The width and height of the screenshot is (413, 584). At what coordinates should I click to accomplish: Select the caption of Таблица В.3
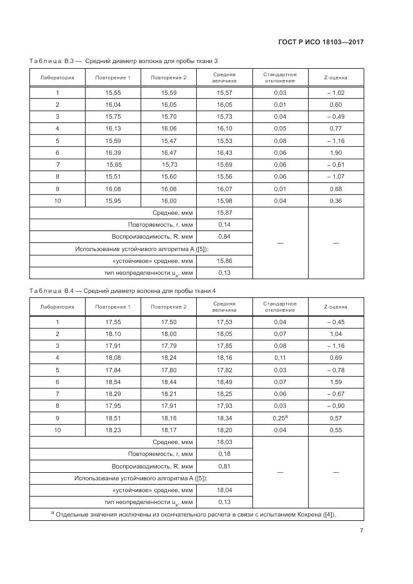pyautogui.click(x=124, y=60)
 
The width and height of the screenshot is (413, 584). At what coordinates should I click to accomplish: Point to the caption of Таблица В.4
pyautogui.click(x=124, y=290)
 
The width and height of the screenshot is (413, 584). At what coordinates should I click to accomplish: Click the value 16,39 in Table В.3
pyautogui.click(x=113, y=152)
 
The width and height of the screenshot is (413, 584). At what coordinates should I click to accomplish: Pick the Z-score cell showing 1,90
pyautogui.click(x=336, y=152)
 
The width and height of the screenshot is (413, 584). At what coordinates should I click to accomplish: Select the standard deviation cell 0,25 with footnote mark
pyautogui.click(x=280, y=418)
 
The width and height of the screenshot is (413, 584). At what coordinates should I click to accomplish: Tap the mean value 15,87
pyautogui.click(x=224, y=213)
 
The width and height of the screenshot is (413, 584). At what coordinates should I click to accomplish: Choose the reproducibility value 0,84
pyautogui.click(x=224, y=237)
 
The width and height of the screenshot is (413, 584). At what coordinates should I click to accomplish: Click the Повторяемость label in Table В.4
pyautogui.click(x=160, y=454)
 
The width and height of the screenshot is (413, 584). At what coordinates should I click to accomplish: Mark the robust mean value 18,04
pyautogui.click(x=224, y=490)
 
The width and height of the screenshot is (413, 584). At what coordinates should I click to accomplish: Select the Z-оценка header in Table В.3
pyautogui.click(x=336, y=77)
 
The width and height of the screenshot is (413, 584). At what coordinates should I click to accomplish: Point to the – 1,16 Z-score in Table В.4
pyautogui.click(x=336, y=345)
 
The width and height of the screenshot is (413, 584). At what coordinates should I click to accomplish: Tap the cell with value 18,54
pyautogui.click(x=113, y=382)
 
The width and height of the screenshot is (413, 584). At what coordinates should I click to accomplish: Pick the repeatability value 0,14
pyautogui.click(x=224, y=225)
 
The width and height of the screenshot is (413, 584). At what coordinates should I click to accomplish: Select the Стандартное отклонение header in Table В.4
pyautogui.click(x=280, y=307)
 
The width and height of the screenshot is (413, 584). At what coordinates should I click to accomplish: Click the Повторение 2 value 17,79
pyautogui.click(x=169, y=345)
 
